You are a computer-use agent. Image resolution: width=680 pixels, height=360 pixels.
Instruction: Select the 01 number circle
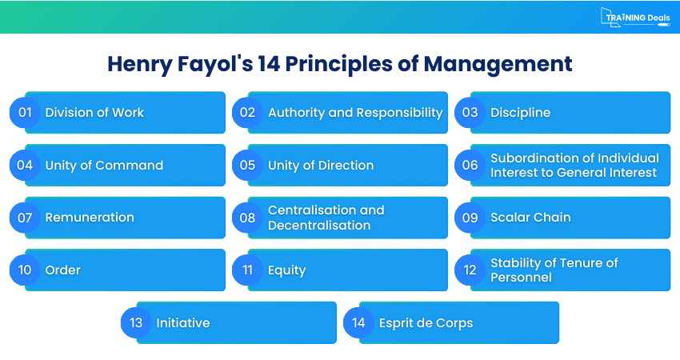25,113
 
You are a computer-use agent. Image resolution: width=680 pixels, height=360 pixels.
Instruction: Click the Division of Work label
94,113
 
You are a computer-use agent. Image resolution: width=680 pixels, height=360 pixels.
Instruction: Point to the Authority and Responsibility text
355,113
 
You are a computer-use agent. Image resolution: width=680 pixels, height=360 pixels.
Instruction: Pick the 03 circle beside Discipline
470,113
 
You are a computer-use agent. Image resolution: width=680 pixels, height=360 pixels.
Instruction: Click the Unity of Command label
104,166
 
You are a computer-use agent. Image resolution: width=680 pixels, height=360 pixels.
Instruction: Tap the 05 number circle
247,166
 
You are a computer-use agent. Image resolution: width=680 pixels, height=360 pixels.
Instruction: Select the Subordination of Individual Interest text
574,166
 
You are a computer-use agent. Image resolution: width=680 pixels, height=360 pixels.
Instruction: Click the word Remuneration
90,218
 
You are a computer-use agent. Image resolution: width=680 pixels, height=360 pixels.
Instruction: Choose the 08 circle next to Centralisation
247,218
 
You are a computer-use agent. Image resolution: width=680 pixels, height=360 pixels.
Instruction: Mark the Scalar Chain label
530,218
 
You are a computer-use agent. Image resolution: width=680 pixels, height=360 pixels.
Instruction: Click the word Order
62,270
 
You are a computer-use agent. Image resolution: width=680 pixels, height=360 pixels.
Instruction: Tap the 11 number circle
247,270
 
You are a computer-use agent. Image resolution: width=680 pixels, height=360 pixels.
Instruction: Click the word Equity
286,270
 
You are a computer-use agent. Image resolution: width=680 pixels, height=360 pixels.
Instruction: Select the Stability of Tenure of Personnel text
554,270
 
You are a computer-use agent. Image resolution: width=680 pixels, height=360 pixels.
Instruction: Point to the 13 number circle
136,323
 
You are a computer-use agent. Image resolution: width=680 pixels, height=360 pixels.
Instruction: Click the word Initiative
182,323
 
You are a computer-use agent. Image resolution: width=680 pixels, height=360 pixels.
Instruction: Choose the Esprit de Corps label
426,323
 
